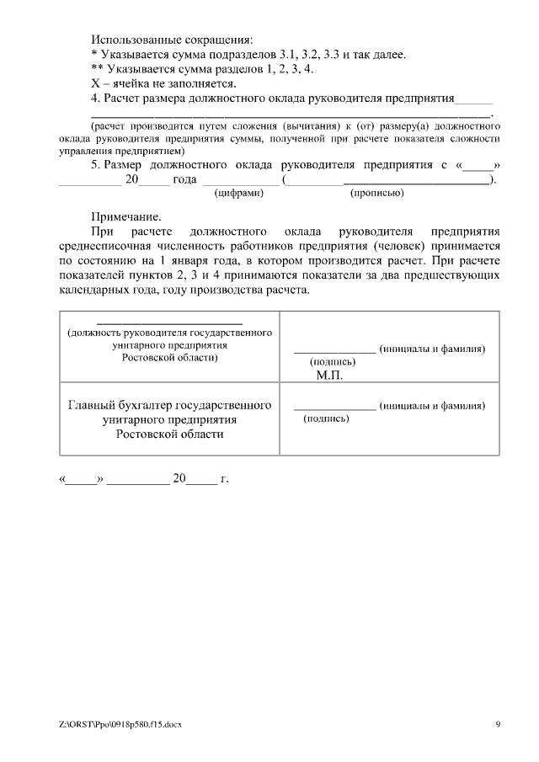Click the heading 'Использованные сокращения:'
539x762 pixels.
pyautogui.click(x=172, y=40)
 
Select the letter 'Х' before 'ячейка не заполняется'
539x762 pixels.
pyautogui.click(x=94, y=83)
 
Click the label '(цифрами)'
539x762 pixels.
pyautogui.click(x=239, y=194)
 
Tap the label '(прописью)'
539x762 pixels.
pyautogui.click(x=376, y=194)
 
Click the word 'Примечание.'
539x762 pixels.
pyautogui.click(x=125, y=216)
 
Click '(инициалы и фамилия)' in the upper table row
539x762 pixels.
pyautogui.click(x=432, y=349)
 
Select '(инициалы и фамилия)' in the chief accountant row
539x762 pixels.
pyautogui.click(x=432, y=405)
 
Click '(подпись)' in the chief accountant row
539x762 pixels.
pyautogui.click(x=326, y=418)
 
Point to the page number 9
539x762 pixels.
pyautogui.click(x=497, y=724)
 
